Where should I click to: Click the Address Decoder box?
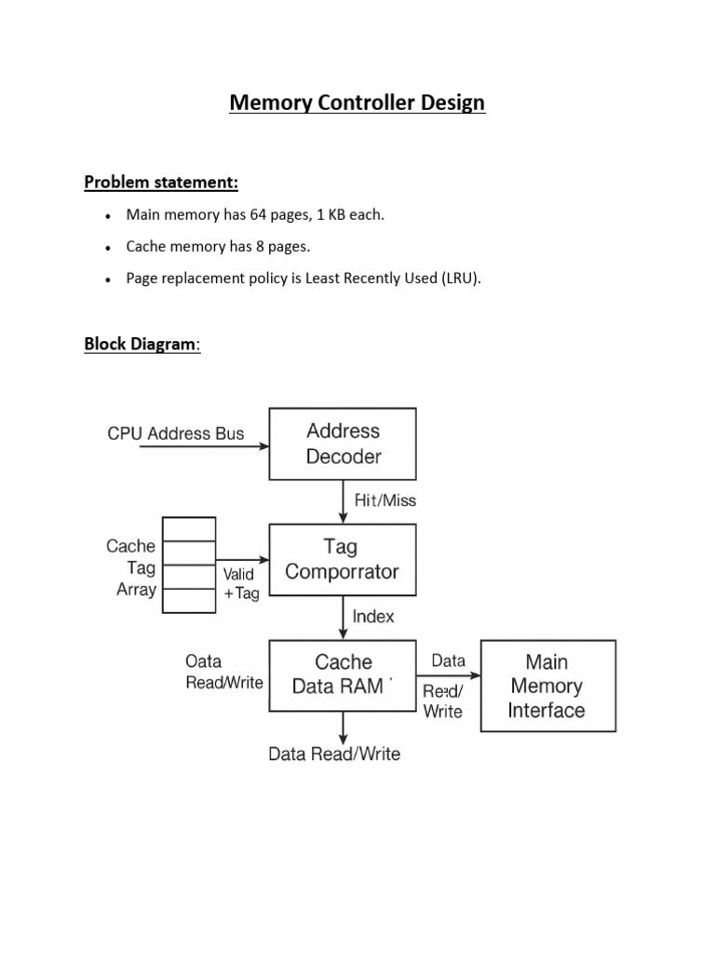click(x=343, y=443)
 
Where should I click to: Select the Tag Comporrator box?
click(x=343, y=559)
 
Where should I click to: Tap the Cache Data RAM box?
click(x=343, y=675)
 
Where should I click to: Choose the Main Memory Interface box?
click(x=547, y=686)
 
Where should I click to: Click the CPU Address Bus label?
click(x=176, y=433)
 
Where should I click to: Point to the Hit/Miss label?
click(x=385, y=500)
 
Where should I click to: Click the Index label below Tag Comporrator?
click(x=373, y=616)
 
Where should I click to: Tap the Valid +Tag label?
click(x=239, y=584)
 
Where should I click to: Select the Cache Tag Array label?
click(x=131, y=567)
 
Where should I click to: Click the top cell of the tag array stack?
click(x=189, y=529)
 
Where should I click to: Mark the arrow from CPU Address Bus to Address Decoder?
click(x=204, y=447)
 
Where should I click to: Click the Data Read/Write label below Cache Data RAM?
click(x=334, y=754)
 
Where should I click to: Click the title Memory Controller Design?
click(x=357, y=102)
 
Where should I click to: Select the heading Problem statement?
click(x=161, y=181)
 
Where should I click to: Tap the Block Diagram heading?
click(x=142, y=344)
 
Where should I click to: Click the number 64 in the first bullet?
click(x=260, y=214)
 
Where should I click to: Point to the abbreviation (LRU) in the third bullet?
click(x=462, y=279)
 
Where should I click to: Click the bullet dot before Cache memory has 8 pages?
click(x=109, y=248)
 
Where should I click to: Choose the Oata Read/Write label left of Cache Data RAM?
click(x=224, y=672)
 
